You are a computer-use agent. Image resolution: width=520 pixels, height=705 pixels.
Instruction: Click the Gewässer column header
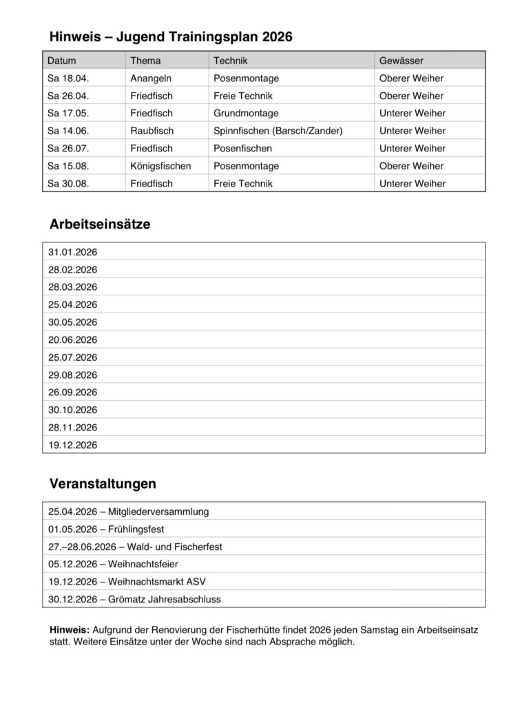tap(401, 61)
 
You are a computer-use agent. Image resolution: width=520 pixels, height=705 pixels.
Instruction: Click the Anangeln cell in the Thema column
tap(151, 78)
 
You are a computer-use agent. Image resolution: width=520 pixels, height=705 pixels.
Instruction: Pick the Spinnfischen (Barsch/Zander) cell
tap(278, 131)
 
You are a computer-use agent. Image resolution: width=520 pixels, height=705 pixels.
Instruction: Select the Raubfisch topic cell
tap(152, 131)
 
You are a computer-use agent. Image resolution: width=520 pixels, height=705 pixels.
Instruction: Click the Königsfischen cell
tap(160, 166)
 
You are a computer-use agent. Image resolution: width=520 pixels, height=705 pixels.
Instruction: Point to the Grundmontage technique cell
tap(246, 113)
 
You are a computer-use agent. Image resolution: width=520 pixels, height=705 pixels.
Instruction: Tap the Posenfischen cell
tap(242, 148)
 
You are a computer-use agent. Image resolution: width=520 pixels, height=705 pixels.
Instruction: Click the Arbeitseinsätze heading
tap(100, 224)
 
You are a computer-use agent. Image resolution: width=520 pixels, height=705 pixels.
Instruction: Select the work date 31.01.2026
tap(72, 252)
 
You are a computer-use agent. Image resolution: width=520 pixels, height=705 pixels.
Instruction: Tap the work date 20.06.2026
tap(72, 339)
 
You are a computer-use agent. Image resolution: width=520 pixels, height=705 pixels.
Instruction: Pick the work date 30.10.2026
tap(72, 410)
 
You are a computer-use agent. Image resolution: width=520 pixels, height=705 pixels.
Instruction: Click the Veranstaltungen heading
tap(103, 484)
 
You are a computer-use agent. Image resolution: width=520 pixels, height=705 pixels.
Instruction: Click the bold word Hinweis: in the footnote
tap(70, 630)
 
